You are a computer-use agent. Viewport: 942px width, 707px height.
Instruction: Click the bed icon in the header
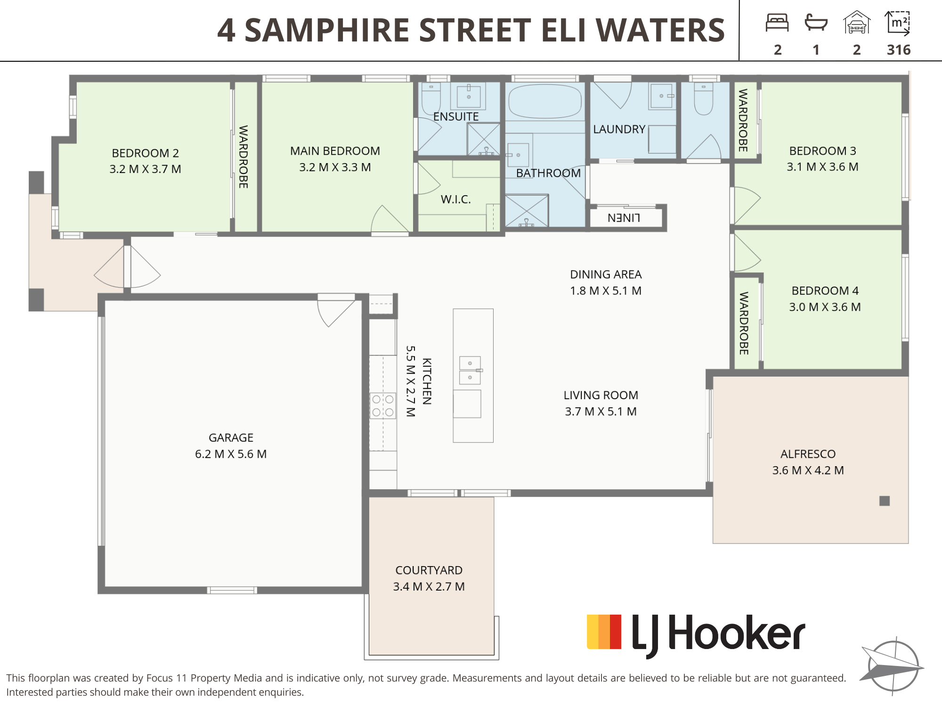777,23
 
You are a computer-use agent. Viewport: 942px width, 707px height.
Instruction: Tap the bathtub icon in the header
816,22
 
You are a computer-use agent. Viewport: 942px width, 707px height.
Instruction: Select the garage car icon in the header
857,23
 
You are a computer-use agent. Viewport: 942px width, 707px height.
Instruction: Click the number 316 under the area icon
899,49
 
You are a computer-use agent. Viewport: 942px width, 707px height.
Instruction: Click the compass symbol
892,666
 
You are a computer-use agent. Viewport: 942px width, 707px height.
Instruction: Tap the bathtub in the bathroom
545,101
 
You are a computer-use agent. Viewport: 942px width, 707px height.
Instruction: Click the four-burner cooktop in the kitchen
383,405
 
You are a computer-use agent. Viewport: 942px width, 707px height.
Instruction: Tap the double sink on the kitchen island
470,370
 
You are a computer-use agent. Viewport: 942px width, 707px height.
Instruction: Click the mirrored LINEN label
624,218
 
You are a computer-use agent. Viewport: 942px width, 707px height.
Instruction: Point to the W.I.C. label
456,199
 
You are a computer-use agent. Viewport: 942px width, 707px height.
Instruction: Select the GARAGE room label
231,438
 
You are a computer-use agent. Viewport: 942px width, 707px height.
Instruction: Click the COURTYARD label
429,570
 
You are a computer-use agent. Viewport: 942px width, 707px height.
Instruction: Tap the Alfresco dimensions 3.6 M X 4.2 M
808,470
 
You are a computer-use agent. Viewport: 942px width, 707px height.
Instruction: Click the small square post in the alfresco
885,501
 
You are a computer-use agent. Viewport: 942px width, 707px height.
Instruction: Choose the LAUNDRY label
619,129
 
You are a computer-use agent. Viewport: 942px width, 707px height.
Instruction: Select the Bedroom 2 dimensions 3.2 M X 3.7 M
145,169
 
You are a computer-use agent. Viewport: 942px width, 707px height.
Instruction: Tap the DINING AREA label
606,274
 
